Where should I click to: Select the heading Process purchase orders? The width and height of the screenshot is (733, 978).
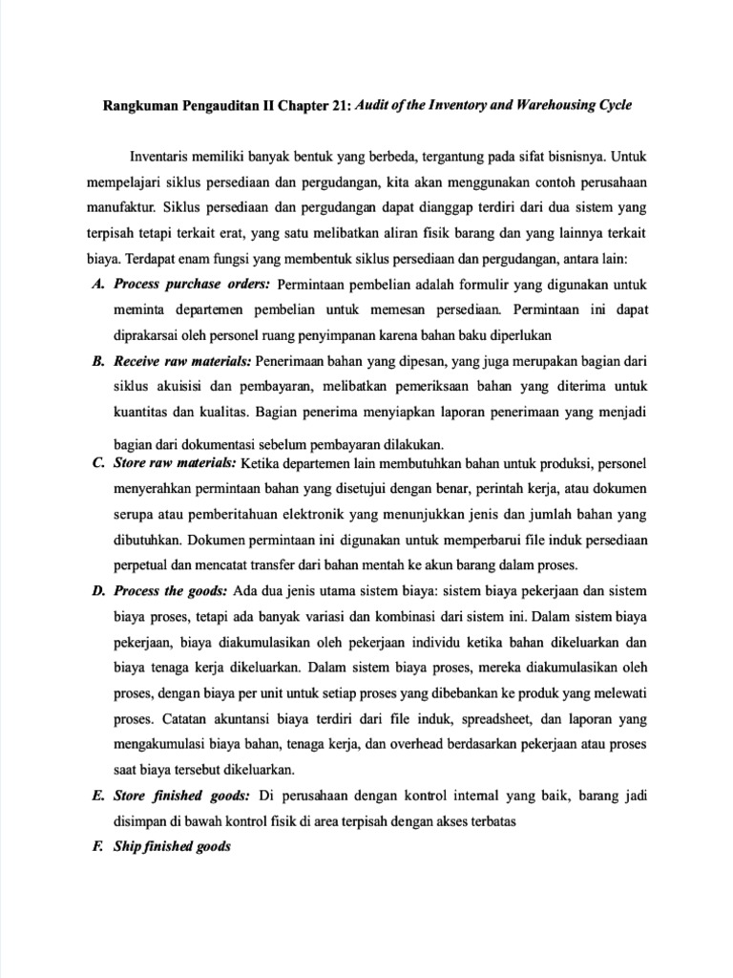coord(193,284)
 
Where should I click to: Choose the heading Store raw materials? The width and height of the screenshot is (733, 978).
coord(176,464)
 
